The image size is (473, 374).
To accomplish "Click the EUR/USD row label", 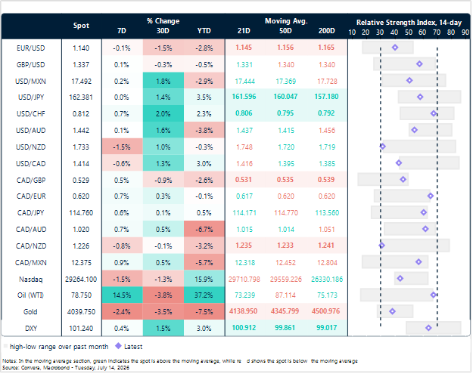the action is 30,48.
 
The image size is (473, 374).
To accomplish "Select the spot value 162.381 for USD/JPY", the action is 81,97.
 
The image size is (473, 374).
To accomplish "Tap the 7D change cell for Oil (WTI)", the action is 122,295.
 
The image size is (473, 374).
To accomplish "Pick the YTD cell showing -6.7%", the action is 204,230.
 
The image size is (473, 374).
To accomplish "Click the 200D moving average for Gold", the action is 325,311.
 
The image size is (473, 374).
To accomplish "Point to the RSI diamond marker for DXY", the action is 428,328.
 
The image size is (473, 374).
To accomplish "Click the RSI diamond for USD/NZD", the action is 382,147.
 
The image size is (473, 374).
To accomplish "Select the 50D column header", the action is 285,31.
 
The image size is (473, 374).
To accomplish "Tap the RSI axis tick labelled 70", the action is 437,32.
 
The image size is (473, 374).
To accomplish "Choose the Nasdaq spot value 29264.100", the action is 81,279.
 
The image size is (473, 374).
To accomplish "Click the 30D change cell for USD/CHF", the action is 163,114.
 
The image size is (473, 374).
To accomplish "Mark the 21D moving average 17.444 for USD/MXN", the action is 244,82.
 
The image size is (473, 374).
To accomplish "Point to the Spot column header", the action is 81,26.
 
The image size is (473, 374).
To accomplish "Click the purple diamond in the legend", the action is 119,346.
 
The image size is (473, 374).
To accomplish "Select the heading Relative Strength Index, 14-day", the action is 409,23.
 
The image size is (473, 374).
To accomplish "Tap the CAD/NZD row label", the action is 31,246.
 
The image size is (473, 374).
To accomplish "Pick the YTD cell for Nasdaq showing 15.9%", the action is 204,279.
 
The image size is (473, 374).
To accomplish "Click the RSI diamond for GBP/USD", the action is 419,63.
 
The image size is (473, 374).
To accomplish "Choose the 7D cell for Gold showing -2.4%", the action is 122,311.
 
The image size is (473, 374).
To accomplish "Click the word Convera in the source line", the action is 30,368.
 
